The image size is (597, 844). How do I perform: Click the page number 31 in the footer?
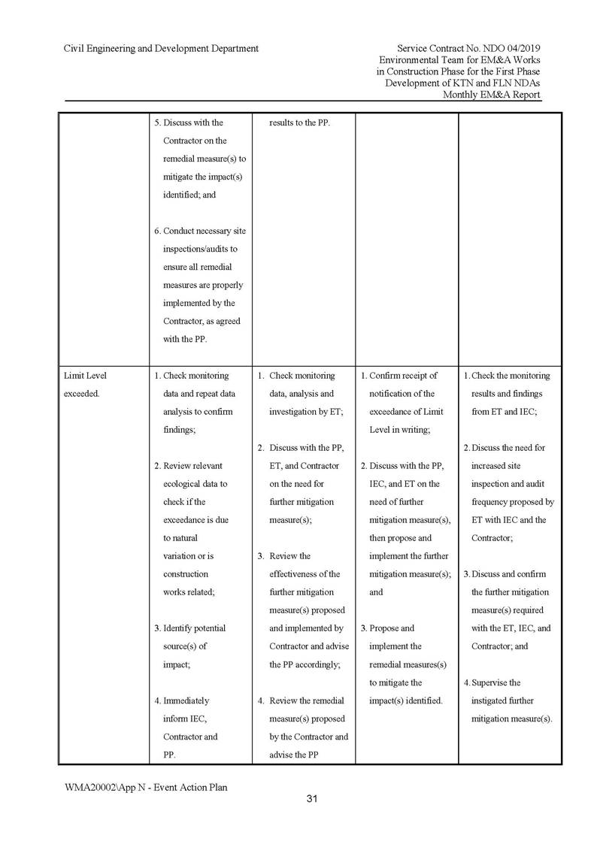pos(312,799)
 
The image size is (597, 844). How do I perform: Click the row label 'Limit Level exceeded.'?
pos(85,385)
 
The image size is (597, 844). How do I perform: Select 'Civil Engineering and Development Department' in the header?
pos(161,48)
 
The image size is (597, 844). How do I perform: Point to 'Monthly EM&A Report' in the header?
pos(492,95)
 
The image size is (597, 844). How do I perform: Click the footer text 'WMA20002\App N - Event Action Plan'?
pos(146,787)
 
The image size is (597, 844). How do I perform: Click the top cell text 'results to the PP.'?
pos(301,123)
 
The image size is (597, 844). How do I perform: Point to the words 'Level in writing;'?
pos(399,430)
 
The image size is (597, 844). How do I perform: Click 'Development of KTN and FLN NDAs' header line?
pos(462,83)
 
